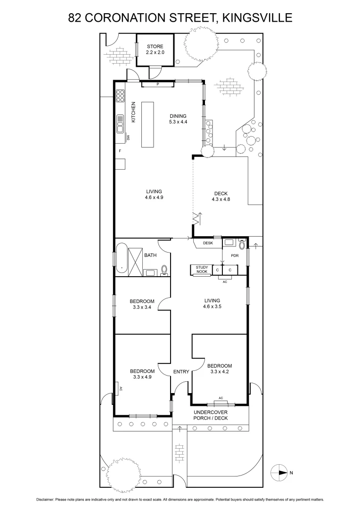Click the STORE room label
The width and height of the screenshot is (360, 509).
155,49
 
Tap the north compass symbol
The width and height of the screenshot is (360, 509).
280,472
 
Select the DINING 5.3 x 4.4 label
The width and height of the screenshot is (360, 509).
178,119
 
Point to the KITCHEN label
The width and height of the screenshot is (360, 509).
133,112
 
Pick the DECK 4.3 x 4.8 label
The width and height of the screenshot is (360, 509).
221,196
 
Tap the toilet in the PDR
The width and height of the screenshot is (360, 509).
242,244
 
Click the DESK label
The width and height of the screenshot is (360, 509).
208,243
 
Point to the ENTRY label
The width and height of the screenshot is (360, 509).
181,372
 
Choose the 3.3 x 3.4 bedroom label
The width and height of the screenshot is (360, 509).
142,304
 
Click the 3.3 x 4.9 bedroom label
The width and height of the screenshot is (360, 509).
142,374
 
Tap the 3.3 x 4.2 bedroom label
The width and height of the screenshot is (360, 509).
219,369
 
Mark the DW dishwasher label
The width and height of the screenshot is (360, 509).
128,138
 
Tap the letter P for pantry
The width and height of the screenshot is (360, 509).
158,85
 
